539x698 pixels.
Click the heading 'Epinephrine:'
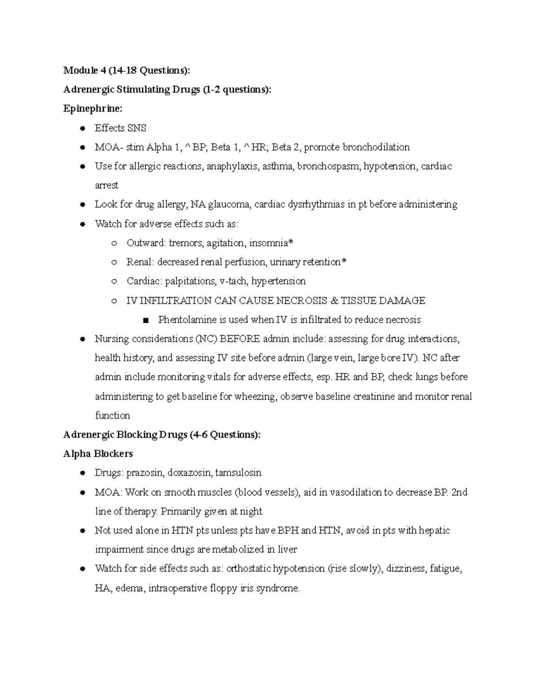(93, 109)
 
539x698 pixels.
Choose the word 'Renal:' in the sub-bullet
(140, 262)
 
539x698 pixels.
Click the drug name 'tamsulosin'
(238, 473)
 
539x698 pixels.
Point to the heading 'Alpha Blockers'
(98, 454)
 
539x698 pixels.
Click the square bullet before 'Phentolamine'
(145, 320)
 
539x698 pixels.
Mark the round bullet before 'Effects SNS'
(82, 129)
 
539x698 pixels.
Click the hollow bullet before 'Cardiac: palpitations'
(114, 281)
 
